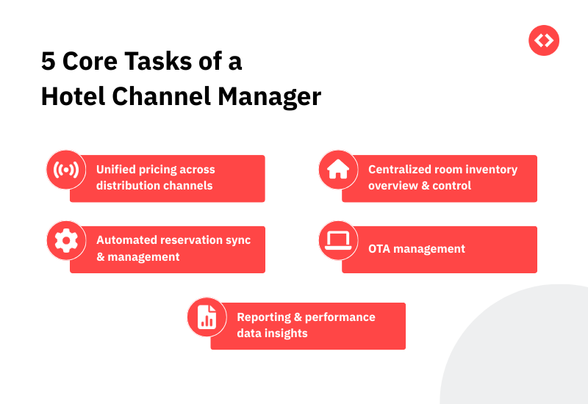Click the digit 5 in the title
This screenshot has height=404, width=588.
49,62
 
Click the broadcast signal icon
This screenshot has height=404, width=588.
66,170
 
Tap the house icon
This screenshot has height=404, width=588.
338,170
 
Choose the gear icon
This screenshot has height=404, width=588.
66,241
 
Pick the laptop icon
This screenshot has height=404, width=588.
338,241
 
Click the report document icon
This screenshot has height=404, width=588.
207,317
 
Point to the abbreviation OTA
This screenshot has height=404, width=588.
380,249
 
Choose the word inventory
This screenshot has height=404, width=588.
492,170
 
